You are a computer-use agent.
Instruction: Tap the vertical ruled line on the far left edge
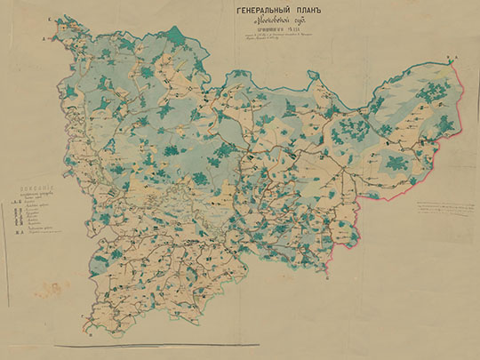[4, 222]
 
